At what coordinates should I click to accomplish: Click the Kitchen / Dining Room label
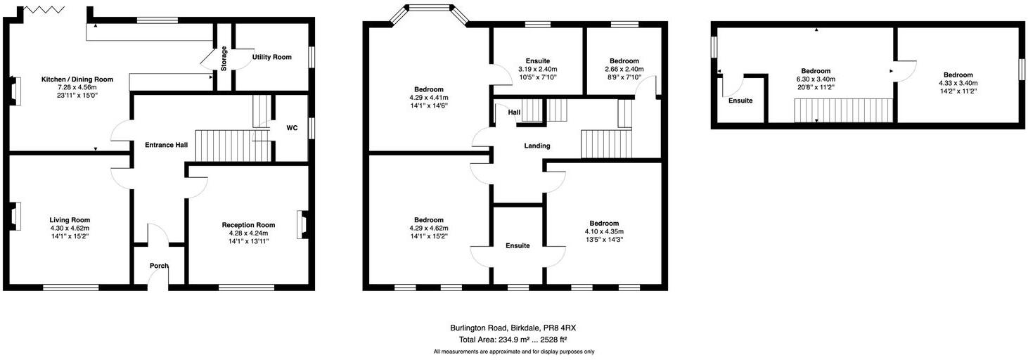tap(68, 79)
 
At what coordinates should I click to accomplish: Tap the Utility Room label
tap(271, 57)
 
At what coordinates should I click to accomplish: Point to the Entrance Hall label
tap(166, 145)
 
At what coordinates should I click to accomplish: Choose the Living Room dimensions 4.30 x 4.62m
tap(69, 228)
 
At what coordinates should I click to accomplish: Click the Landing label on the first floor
tap(537, 146)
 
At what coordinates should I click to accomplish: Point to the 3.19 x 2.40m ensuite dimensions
tap(537, 70)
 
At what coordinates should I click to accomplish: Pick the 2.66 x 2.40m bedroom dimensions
tap(624, 70)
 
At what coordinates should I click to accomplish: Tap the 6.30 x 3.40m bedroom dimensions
tap(816, 79)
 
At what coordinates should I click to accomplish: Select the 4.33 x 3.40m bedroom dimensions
tap(958, 83)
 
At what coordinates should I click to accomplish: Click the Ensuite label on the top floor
tap(740, 101)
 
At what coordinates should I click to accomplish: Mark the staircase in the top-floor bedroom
tap(843, 110)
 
